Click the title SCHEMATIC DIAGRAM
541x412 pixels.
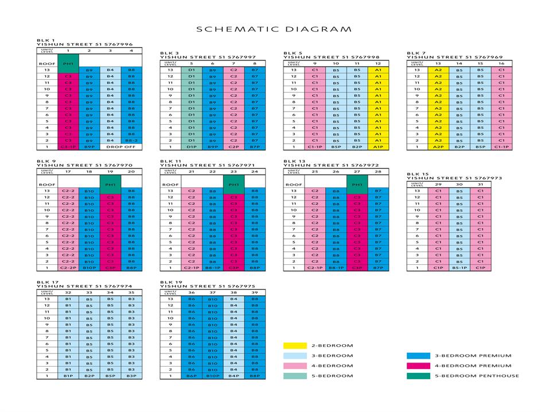pyautogui.click(x=274, y=29)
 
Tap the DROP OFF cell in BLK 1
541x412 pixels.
pyautogui.click(x=121, y=147)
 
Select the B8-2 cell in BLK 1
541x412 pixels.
pyautogui.click(x=132, y=140)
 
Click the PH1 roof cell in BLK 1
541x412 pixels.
pyautogui.click(x=68, y=63)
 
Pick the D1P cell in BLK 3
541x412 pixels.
pyautogui.click(x=192, y=147)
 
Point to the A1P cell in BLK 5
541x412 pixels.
pyautogui.click(x=378, y=147)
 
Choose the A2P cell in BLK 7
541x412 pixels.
pyautogui.click(x=438, y=147)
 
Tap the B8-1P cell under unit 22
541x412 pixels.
pyautogui.click(x=213, y=267)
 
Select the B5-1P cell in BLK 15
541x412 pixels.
pyautogui.click(x=459, y=267)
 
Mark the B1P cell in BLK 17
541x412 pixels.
pyautogui.click(x=68, y=376)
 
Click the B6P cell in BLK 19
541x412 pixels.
pyautogui.click(x=192, y=376)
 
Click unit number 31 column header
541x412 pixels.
pyautogui.click(x=480, y=183)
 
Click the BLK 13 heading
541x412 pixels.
pyautogui.click(x=293, y=161)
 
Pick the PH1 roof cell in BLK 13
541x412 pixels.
pyautogui.click(x=357, y=184)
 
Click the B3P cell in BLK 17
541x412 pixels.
pyautogui.click(x=132, y=376)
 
